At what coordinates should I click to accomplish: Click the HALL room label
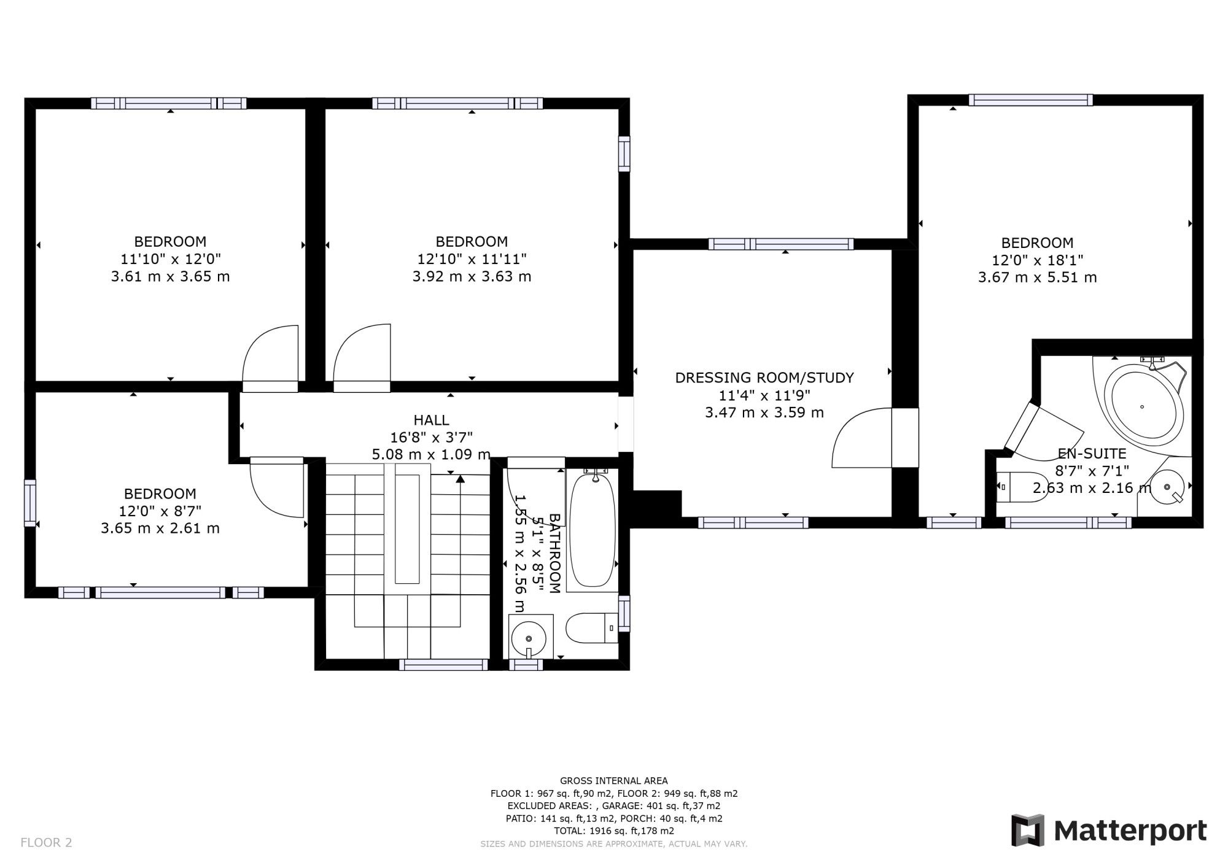(x=431, y=420)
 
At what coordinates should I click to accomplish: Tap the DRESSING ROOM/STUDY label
(x=764, y=378)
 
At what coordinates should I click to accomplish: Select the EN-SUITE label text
(x=1092, y=454)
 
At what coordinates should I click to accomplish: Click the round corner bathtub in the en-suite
(x=1142, y=406)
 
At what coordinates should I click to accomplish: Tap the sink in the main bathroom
(x=529, y=637)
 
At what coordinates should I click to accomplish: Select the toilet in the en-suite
(x=1022, y=487)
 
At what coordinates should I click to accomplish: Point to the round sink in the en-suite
(x=1168, y=487)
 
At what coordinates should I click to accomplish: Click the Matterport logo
(x=1109, y=831)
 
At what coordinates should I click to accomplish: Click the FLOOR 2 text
(x=46, y=843)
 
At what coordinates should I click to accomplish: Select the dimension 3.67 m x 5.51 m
(x=1037, y=277)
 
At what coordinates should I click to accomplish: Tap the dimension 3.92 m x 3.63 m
(x=472, y=276)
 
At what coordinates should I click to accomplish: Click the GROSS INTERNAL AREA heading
(x=613, y=781)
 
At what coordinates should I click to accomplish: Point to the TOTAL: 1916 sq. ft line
(x=613, y=831)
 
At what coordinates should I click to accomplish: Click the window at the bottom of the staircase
(x=443, y=664)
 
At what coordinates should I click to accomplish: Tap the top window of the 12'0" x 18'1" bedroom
(x=1031, y=99)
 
